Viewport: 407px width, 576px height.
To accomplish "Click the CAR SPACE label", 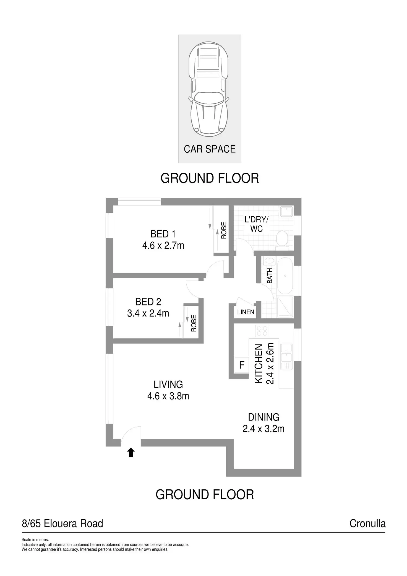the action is (x=210, y=149).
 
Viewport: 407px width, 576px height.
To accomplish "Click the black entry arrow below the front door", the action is (x=131, y=453).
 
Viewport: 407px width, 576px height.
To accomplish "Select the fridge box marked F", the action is (x=242, y=365).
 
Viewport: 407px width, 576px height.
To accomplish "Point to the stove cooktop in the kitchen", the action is (x=262, y=331).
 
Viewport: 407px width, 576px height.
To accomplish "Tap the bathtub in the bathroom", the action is (x=285, y=276).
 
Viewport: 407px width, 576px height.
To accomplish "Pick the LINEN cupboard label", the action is (x=246, y=312).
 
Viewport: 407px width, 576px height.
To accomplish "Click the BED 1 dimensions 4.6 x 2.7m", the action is (x=163, y=245).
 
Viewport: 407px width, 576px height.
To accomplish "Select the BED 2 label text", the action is (x=148, y=302).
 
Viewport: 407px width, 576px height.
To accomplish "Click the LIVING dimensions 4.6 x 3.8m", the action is (x=168, y=396).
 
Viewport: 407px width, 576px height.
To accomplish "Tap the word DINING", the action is (x=263, y=417).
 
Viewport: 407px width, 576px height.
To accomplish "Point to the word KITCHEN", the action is (x=259, y=364).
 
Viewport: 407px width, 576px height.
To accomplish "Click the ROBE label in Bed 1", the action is (x=224, y=230).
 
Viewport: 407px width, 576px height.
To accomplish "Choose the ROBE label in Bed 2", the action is (x=194, y=323).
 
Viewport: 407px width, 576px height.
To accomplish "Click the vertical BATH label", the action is (x=270, y=276).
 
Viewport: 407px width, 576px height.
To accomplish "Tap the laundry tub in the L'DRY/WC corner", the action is (x=286, y=212).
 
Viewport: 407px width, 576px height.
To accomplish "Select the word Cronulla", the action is (x=367, y=523).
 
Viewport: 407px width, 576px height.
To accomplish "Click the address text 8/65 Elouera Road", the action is (x=62, y=523).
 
